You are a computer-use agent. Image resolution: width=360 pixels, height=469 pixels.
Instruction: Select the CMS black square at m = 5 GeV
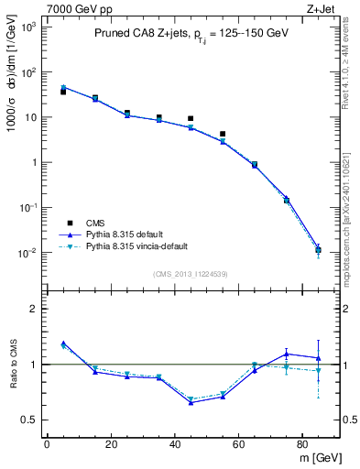coord(63,92)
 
